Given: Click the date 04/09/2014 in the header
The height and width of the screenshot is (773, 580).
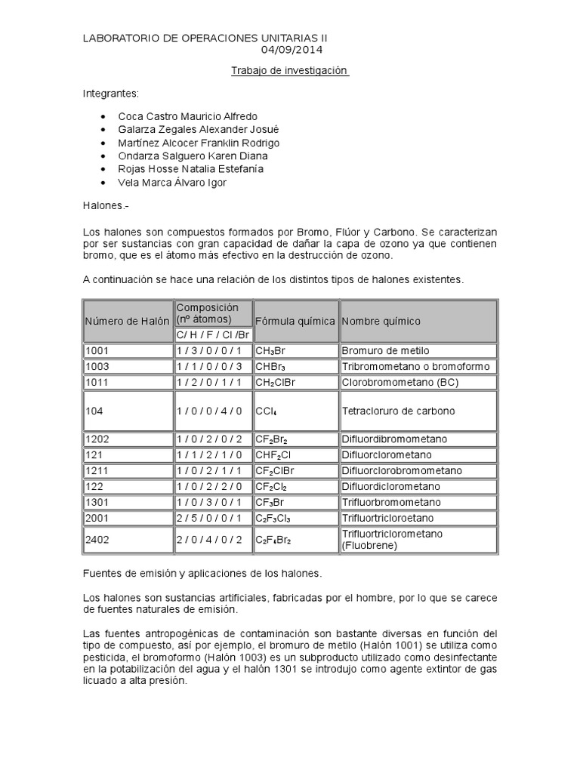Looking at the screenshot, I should click(x=292, y=51).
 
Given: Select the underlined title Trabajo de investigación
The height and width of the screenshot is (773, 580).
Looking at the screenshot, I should click(x=290, y=70).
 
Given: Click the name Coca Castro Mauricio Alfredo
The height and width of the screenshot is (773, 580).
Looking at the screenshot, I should click(x=188, y=116).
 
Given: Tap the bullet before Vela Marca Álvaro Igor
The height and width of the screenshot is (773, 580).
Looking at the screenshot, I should click(x=103, y=183).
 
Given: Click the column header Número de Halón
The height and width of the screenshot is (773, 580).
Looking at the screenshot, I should click(x=127, y=321).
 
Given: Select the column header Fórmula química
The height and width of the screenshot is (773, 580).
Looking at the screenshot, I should click(x=295, y=321).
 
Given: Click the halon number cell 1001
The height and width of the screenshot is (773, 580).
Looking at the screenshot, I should click(x=98, y=351).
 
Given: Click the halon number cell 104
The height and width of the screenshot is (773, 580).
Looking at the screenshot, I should click(x=95, y=411).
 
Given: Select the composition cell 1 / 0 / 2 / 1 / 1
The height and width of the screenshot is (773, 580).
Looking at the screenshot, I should click(x=209, y=470).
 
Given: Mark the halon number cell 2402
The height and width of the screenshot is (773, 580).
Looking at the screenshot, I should click(x=98, y=540).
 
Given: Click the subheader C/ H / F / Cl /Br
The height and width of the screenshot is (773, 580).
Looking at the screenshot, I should click(x=212, y=334).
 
